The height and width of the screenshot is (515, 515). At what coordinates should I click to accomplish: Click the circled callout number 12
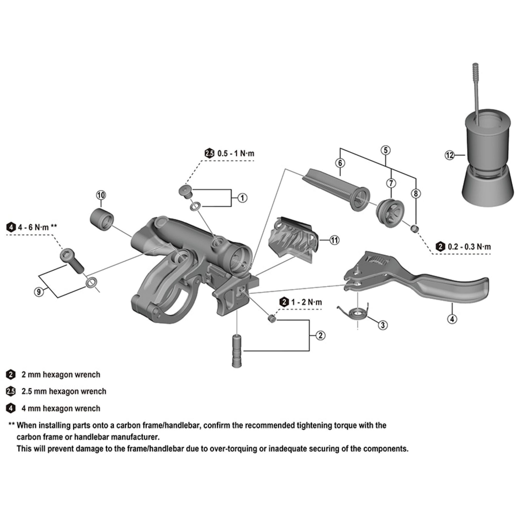[x=449, y=155]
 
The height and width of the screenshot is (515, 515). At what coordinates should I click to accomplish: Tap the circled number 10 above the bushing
[x=101, y=195]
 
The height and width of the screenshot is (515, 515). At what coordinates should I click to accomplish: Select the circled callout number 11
[x=334, y=240]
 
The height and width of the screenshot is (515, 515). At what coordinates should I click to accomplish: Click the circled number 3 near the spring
[x=383, y=325]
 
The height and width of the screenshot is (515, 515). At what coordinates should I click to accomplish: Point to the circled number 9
[x=39, y=292]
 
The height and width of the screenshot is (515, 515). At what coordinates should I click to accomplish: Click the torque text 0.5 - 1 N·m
[x=236, y=153]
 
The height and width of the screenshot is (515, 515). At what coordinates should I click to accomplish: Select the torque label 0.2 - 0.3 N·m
[x=469, y=247]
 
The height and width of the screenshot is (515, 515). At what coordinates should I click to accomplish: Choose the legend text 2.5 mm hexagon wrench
[x=64, y=391]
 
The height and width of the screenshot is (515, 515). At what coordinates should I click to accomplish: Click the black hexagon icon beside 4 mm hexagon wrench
[x=11, y=408]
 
